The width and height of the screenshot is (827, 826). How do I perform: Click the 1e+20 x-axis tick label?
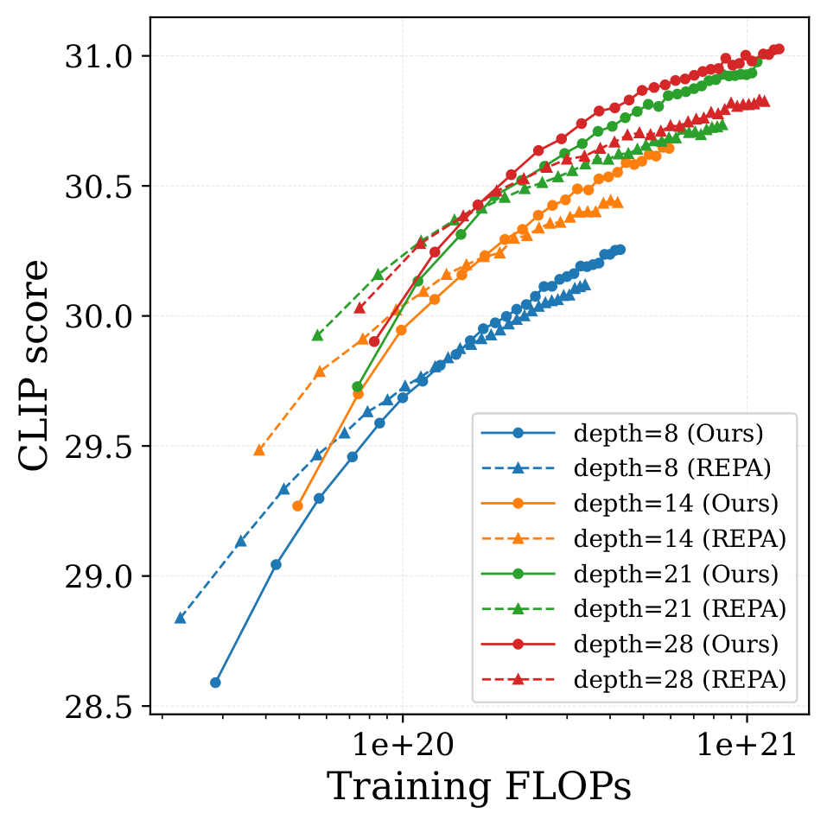pos(403,740)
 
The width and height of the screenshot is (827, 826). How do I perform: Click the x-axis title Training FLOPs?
pos(479,786)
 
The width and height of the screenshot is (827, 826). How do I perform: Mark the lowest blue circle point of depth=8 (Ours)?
pos(215,683)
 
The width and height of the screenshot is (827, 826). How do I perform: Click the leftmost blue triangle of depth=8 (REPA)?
pos(180,618)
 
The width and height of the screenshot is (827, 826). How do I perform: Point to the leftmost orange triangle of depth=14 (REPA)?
pos(259,450)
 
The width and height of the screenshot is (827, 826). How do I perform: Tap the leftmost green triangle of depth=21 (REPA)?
pos(317,335)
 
